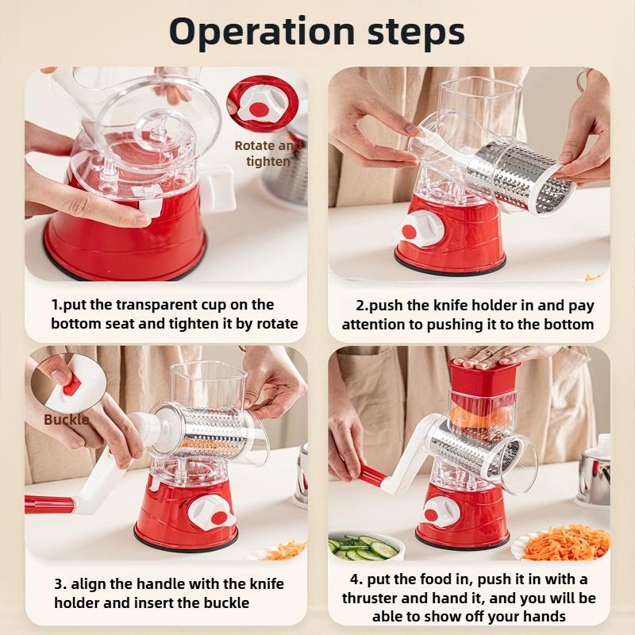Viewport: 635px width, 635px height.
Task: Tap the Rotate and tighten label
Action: [x=268, y=153]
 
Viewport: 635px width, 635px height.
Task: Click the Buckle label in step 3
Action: [x=66, y=419]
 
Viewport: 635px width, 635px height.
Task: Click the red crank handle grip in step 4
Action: [x=374, y=477]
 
